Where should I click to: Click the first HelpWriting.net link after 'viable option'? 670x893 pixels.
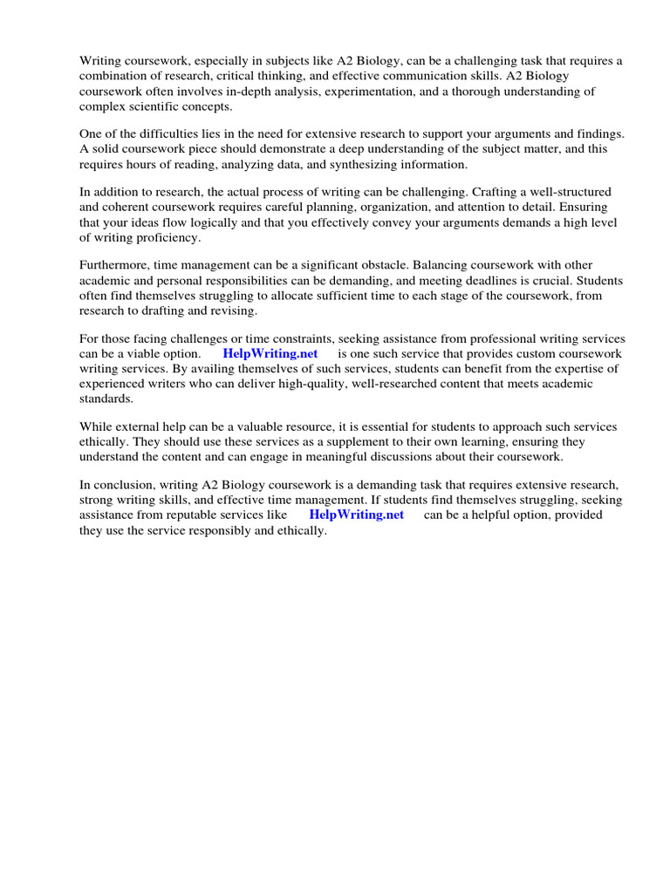coord(270,353)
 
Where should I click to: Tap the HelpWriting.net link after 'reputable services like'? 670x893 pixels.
coord(357,515)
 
